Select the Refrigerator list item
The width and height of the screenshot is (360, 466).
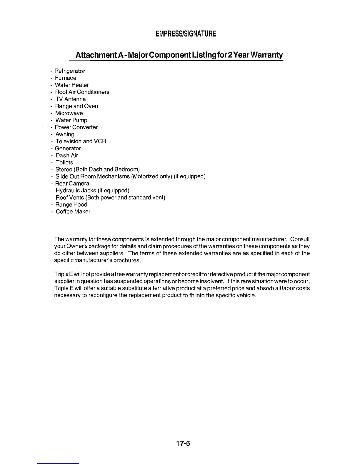coord(70,71)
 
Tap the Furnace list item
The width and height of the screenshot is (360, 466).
coord(66,78)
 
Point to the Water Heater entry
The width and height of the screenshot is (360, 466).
coord(72,85)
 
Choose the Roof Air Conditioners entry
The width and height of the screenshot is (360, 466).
coord(82,92)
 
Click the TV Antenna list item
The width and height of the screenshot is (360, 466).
coord(71,99)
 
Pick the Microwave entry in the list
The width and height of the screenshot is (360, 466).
coord(69,113)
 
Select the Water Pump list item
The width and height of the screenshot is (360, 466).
coord(71,120)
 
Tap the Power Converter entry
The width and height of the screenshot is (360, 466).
coord(76,127)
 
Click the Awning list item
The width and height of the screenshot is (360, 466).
coord(65,134)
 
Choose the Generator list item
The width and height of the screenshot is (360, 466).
coord(68,149)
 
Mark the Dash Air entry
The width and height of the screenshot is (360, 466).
coord(67,156)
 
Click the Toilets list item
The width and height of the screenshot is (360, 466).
coord(64,162)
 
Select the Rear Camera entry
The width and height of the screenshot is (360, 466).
coord(72,184)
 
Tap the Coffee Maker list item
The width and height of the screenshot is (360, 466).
coord(73,212)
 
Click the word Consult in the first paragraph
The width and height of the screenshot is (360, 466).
coord(300,239)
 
